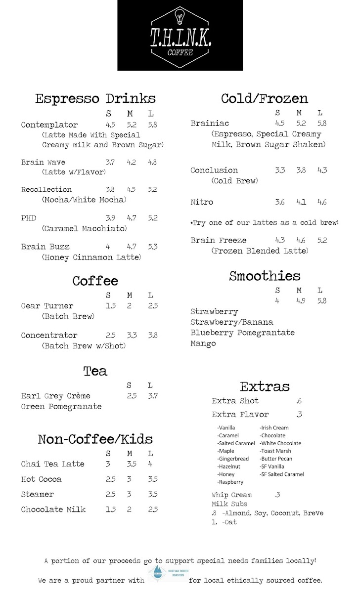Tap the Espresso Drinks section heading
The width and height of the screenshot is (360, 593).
click(95, 98)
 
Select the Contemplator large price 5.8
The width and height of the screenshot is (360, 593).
click(152, 125)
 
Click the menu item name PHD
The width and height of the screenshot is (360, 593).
click(29, 218)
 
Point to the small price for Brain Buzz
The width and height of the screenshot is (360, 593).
click(108, 247)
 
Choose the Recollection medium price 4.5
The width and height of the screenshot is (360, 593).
click(131, 189)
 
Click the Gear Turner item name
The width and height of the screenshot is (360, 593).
click(47, 306)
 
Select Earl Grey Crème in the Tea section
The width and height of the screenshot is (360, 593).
click(56, 396)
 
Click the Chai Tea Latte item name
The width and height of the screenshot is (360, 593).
click(53, 464)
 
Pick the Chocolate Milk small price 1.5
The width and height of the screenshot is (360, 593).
click(110, 509)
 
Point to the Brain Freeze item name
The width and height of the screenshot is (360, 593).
click(219, 240)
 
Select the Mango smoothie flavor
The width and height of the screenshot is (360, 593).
click(203, 343)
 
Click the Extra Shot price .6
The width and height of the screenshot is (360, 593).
click(298, 401)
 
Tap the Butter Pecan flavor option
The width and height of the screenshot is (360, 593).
click(276, 459)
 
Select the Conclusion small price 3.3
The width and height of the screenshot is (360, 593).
click(280, 170)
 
